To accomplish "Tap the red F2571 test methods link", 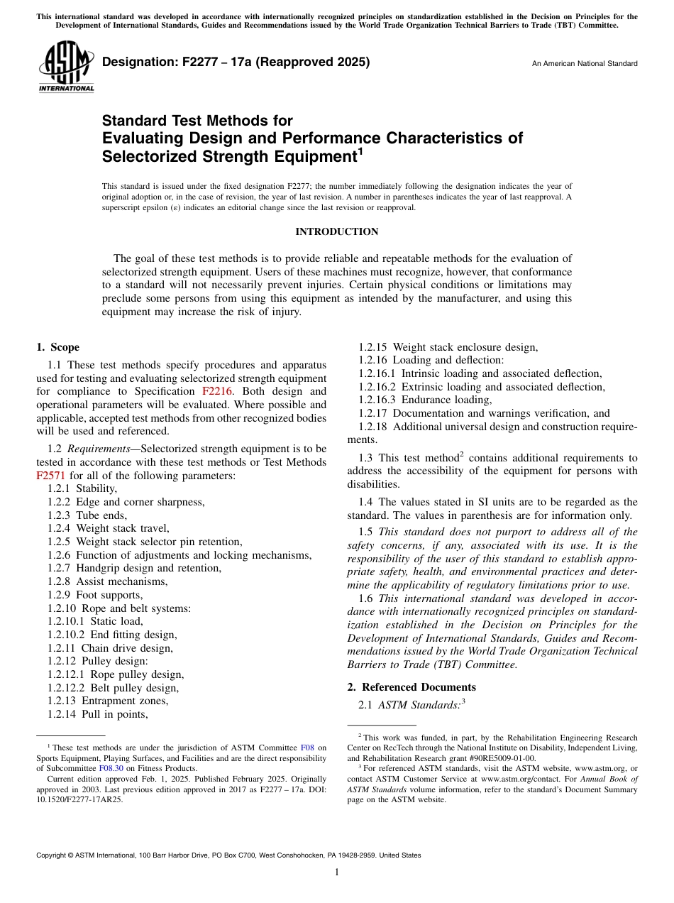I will [x=50, y=476].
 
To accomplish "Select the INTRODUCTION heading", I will [x=336, y=231].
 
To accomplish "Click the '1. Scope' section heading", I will [x=57, y=347].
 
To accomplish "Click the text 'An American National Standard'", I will [x=584, y=64].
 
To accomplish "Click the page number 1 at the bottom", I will [x=337, y=872].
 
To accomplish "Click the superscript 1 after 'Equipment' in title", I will [x=360, y=151].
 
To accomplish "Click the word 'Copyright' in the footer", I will [x=53, y=855].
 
